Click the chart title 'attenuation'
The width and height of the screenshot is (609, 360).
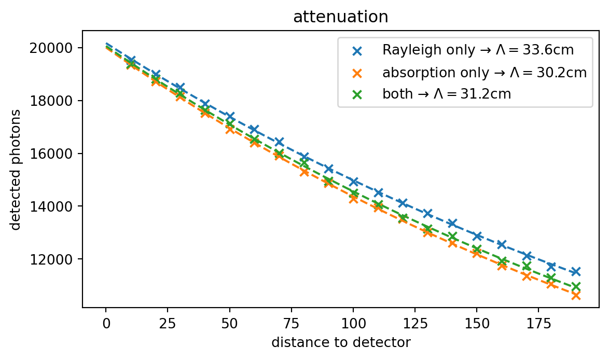(x=340, y=17)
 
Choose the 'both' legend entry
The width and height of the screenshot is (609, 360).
(x=446, y=94)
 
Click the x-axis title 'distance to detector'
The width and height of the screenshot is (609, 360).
(x=340, y=342)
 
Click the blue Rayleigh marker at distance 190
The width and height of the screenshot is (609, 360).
(x=575, y=271)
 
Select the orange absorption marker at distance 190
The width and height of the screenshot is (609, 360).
(x=575, y=296)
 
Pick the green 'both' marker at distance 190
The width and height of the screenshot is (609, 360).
(x=575, y=287)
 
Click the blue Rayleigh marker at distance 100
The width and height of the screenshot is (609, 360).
(x=353, y=182)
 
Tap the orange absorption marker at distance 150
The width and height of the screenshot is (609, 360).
(x=477, y=254)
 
